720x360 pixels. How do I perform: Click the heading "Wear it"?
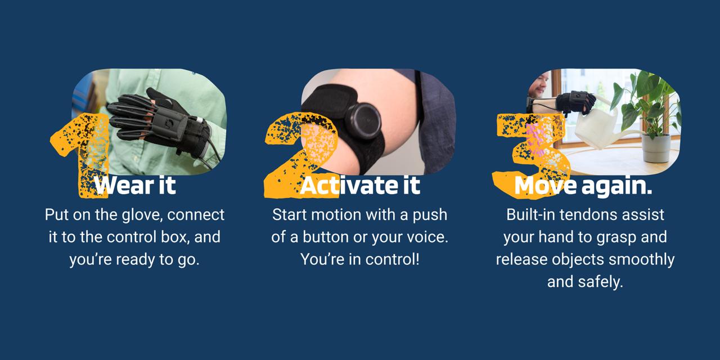click(135, 186)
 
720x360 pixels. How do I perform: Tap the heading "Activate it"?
click(360, 186)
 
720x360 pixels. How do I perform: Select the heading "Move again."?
click(583, 186)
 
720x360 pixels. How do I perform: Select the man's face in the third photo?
click(538, 84)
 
